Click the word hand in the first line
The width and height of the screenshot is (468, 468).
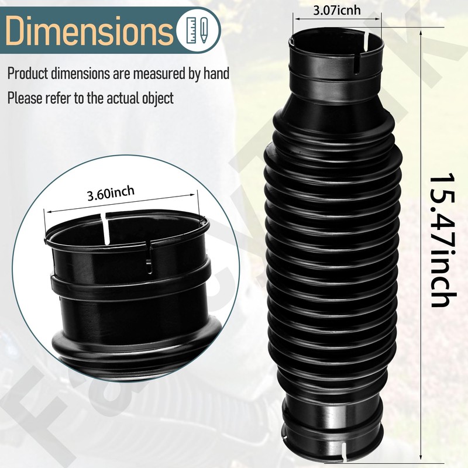point(214,74)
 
